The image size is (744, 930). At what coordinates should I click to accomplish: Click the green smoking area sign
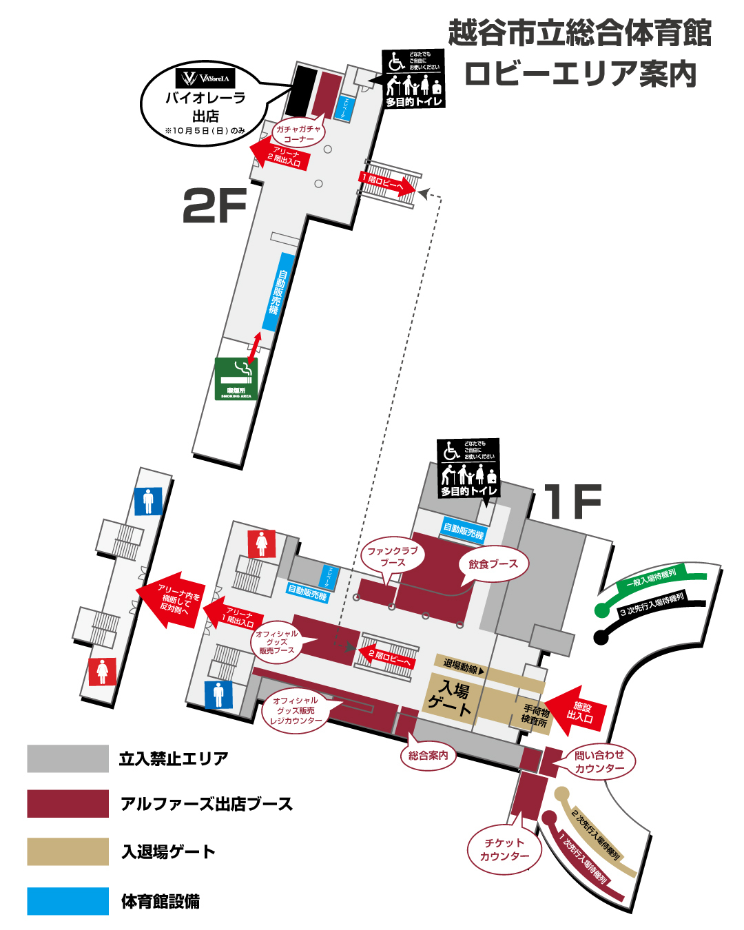coord(236,378)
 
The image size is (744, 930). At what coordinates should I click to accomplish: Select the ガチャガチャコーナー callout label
coord(298,134)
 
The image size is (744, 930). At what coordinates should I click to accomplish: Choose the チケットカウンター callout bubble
coord(504,849)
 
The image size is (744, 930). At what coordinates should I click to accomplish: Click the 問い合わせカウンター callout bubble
coord(599,762)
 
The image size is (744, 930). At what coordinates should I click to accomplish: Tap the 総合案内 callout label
coord(428,756)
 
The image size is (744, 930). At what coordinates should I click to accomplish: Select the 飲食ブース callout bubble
coord(493,564)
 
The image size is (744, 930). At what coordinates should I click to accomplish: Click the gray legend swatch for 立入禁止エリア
coord(68,758)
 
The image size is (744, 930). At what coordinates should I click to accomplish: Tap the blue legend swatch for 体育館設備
coord(68,901)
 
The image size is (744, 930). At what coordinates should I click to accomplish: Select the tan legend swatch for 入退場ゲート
coord(68,851)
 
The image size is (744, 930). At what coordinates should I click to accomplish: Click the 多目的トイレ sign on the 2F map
coord(413,80)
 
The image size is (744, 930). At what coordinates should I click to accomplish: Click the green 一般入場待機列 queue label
coord(651,579)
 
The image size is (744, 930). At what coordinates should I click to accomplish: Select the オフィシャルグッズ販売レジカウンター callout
coord(296,710)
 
